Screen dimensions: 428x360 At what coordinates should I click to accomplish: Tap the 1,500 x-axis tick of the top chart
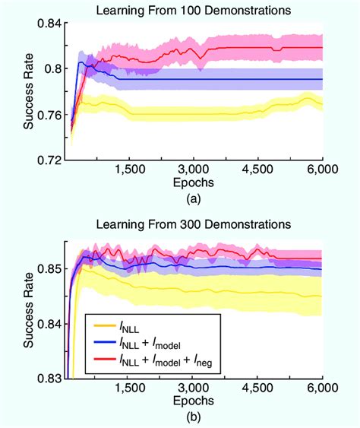(x=131, y=172)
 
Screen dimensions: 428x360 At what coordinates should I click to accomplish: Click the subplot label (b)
(x=194, y=414)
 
